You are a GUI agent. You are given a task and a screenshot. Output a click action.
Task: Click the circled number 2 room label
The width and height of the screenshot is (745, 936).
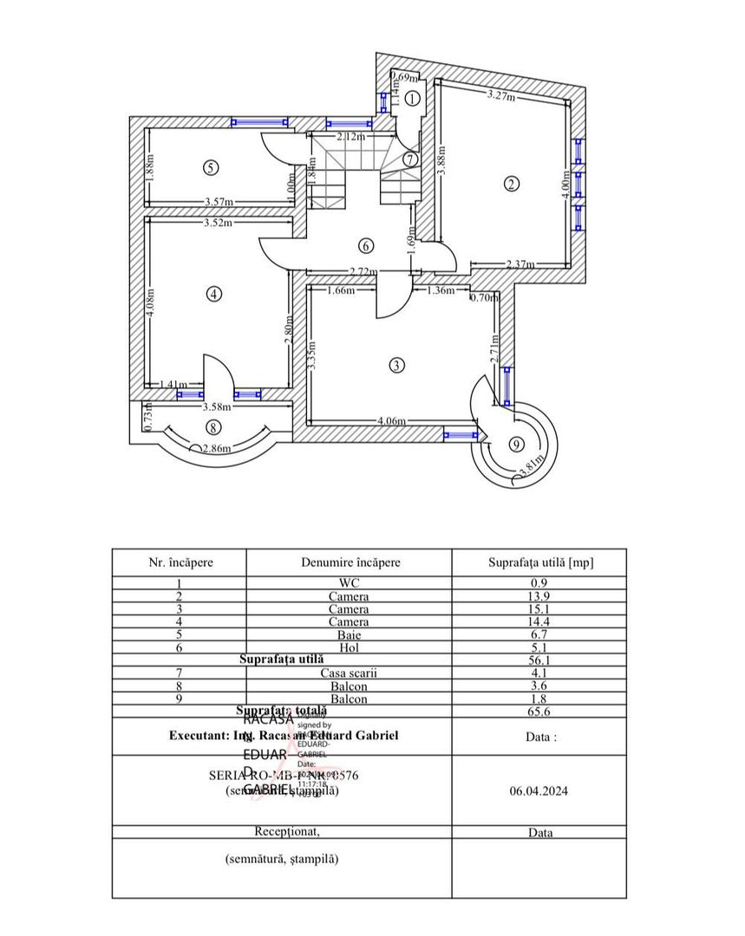512,184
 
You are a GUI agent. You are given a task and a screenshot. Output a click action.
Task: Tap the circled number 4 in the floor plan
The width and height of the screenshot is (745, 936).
213,294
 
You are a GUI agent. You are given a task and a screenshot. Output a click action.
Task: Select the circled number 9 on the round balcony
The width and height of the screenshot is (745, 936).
517,445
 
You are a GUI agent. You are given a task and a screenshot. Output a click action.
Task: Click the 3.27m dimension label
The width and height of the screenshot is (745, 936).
501,94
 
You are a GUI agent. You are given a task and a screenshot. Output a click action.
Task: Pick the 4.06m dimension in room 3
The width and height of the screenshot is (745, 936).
392,422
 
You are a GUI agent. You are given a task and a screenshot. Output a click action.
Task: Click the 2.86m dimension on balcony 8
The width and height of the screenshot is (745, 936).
217,449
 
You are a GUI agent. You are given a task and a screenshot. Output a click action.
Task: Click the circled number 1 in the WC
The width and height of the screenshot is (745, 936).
414,99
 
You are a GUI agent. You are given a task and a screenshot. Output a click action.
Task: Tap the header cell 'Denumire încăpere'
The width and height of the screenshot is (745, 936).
350,562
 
